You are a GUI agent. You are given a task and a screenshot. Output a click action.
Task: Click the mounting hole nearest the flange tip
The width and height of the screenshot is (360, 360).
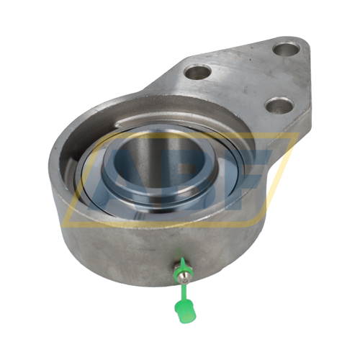point(286,50)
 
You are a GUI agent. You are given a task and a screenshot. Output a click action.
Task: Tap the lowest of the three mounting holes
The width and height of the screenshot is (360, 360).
point(279,105)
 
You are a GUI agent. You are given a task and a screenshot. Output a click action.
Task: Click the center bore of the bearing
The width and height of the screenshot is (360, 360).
point(160,168)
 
